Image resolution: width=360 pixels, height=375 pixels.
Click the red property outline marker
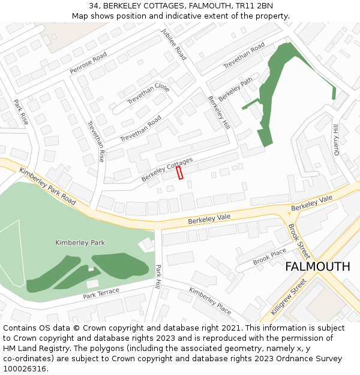(x=179, y=172)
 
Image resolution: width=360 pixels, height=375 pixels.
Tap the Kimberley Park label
(x=80, y=242)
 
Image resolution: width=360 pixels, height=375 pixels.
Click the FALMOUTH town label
(x=317, y=266)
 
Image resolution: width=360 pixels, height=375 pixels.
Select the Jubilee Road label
(x=173, y=44)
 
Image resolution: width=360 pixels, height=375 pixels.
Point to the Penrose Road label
(x=88, y=63)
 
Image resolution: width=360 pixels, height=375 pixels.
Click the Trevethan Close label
(x=148, y=95)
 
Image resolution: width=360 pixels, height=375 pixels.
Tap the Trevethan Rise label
(x=96, y=141)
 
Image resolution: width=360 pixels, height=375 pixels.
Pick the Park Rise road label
(x=21, y=112)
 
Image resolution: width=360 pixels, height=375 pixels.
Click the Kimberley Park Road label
(x=47, y=186)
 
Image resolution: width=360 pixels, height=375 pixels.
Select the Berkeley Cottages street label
(x=167, y=170)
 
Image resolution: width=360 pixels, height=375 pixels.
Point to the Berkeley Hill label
(x=219, y=112)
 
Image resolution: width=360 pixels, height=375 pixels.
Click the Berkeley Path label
(x=236, y=89)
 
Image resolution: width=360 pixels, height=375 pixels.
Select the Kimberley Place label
(x=210, y=301)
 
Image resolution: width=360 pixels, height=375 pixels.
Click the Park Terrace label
(x=101, y=293)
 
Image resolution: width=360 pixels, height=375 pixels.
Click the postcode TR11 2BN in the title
(x=254, y=6)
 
